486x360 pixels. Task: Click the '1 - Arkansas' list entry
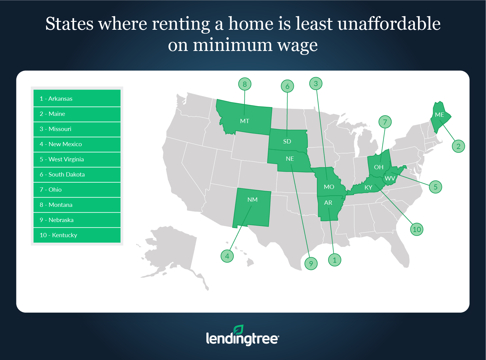(x=77, y=99)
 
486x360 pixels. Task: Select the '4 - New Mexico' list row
(x=77, y=144)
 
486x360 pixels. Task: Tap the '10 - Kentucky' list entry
(x=77, y=235)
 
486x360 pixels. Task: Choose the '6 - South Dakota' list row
(x=77, y=174)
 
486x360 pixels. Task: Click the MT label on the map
(x=244, y=121)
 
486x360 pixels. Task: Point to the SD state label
(x=287, y=141)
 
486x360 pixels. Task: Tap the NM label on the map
(x=252, y=200)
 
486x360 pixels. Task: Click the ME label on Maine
(x=439, y=115)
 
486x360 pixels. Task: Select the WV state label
(x=390, y=178)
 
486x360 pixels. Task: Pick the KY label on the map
(x=368, y=187)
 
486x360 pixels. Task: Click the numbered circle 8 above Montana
(x=245, y=84)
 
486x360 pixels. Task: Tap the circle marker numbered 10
(x=417, y=229)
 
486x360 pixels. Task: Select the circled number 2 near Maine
(x=458, y=146)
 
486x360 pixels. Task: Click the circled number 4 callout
(x=227, y=256)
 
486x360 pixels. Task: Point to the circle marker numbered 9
(x=311, y=264)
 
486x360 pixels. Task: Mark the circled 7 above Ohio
(x=385, y=122)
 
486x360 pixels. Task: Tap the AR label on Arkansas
(x=328, y=203)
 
